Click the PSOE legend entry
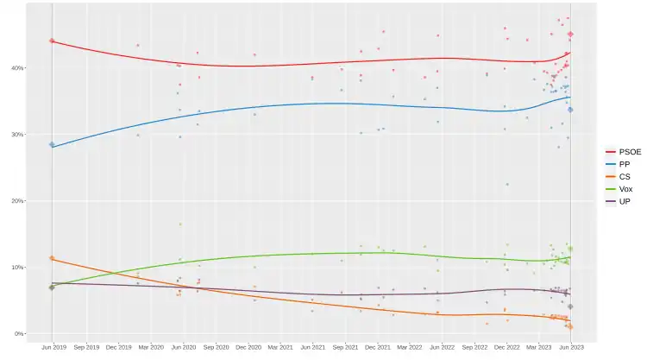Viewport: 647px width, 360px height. [624, 151]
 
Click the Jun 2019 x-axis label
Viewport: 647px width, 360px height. [53, 347]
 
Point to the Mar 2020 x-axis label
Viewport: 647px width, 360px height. [150, 347]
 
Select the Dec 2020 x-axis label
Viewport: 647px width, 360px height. [248, 347]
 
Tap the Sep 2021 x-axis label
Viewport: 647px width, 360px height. [344, 347]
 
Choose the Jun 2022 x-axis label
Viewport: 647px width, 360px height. [442, 347]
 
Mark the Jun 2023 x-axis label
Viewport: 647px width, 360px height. [570, 347]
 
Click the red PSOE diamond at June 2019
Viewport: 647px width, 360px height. [52, 41]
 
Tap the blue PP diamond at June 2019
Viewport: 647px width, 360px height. [52, 144]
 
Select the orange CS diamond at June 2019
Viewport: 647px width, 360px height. [52, 258]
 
